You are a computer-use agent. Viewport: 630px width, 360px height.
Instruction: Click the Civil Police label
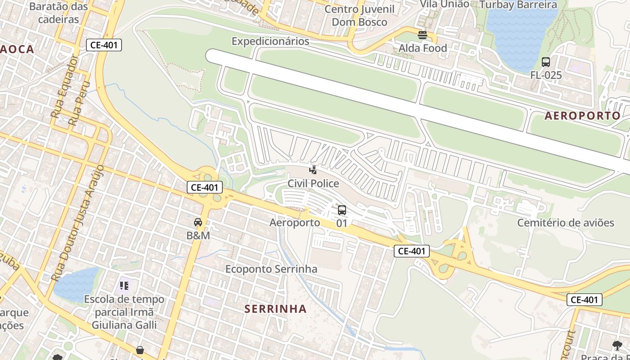point(313,184)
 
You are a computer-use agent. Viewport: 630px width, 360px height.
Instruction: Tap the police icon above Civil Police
point(313,170)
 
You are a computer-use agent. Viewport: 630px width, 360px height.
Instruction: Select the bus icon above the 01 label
point(342,210)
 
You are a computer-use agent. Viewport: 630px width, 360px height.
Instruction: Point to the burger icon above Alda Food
point(422,35)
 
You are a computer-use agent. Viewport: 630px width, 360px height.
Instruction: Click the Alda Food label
point(423,48)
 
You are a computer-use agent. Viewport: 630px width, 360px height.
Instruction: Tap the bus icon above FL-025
point(546,62)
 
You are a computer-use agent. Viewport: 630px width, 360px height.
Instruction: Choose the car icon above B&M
point(198,222)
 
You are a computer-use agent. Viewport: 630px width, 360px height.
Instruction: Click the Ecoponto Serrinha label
point(271,269)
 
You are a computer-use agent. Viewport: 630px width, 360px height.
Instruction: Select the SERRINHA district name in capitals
point(276,309)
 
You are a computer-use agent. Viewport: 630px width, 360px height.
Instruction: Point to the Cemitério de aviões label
point(565,223)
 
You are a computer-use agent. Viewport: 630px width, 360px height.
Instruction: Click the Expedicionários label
point(270,41)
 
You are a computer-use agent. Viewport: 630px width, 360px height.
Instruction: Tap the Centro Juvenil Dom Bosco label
point(359,15)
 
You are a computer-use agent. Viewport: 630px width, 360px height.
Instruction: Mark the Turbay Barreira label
point(518,5)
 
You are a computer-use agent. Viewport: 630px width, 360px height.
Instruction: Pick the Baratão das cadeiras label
point(58,13)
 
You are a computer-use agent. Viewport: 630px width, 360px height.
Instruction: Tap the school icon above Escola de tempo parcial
point(125,285)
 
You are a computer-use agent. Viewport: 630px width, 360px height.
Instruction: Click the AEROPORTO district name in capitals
point(582,116)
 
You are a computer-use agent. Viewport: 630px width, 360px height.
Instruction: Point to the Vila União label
point(445,4)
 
